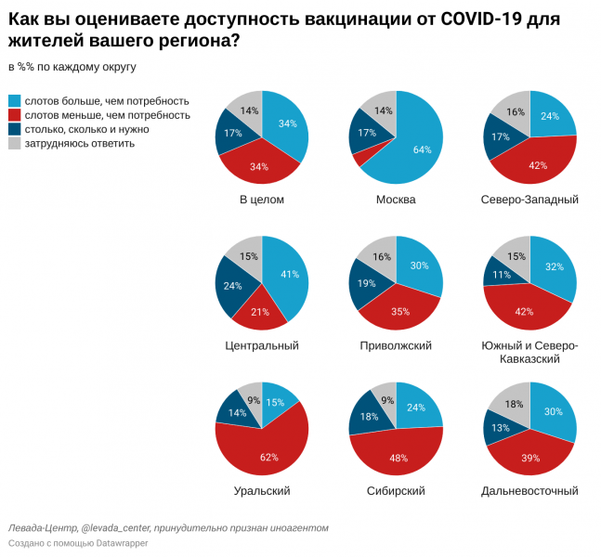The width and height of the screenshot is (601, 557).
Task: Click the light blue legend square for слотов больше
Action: click(14, 100)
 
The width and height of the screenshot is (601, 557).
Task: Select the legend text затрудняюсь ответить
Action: click(79, 143)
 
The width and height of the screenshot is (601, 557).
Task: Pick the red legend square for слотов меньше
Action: click(14, 115)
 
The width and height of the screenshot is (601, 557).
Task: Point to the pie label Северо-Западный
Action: click(529, 200)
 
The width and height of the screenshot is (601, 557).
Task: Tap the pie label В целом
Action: click(261, 200)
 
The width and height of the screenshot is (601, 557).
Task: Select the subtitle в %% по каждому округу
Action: click(72, 67)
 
